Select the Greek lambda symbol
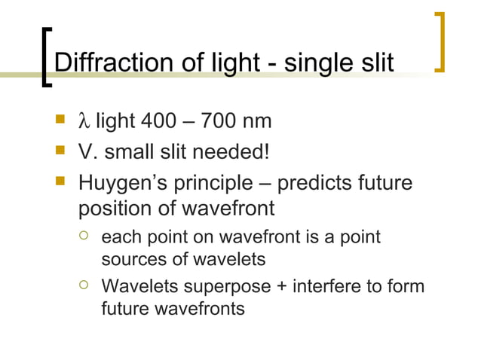tap(83, 123)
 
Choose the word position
tap(113, 208)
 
